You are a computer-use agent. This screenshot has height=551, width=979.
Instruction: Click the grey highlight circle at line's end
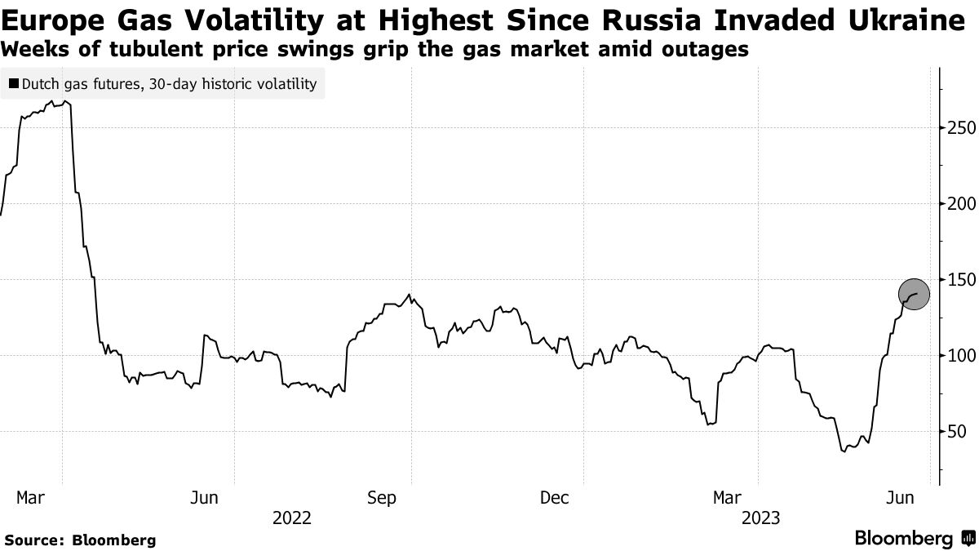pyautogui.click(x=914, y=294)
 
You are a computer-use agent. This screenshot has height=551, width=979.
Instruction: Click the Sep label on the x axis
pyautogui.click(x=383, y=497)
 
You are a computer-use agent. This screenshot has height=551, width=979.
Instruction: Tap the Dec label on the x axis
pyautogui.click(x=555, y=497)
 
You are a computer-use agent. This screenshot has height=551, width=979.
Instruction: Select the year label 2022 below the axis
pyautogui.click(x=292, y=518)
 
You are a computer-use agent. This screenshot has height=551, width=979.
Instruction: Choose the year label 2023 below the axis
pyautogui.click(x=760, y=518)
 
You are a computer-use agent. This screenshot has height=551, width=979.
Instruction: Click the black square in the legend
pyautogui.click(x=14, y=83)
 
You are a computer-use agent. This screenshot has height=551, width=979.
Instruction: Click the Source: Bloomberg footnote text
pyautogui.click(x=80, y=540)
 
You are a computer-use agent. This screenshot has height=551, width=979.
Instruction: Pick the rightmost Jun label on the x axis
pyautogui.click(x=901, y=497)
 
